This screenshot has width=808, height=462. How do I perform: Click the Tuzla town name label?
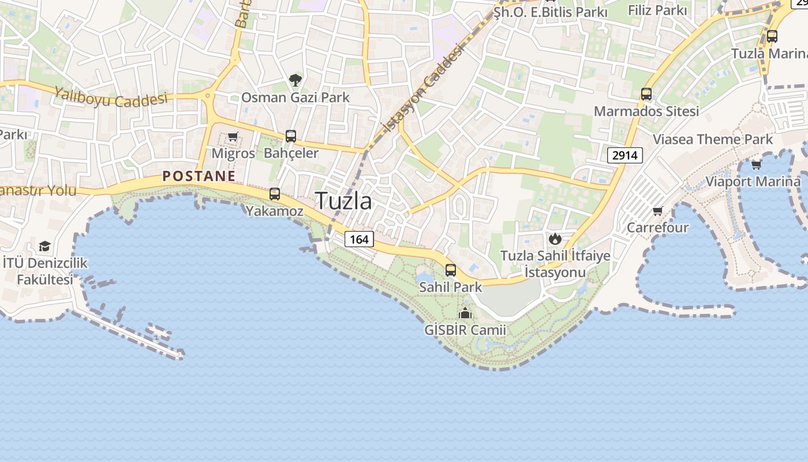tap(343, 201)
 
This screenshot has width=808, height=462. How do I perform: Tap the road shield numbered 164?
tap(359, 239)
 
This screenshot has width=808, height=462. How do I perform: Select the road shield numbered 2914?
tap(625, 155)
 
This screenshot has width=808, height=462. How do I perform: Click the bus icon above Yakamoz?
tap(275, 194)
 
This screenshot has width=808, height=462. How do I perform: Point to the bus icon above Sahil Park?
tap(451, 270)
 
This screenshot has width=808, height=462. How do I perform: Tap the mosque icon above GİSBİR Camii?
tap(465, 314)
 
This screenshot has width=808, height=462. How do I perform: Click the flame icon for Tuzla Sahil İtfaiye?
tap(555, 239)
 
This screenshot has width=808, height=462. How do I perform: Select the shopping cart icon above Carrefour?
tap(657, 211)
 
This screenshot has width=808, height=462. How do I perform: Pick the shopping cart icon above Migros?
tap(233, 137)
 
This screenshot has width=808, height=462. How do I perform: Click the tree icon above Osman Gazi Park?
tap(295, 80)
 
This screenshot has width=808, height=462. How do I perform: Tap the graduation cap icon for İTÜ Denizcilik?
tap(44, 247)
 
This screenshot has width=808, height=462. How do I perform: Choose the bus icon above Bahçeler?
tap(291, 136)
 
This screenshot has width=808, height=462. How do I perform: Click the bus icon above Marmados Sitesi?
tap(646, 94)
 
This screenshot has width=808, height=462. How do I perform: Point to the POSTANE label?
tap(199, 176)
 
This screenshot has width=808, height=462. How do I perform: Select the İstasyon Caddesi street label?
tap(424, 88)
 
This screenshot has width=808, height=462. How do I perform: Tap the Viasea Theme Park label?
tap(712, 139)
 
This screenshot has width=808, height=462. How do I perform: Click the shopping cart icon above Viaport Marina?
tap(757, 165)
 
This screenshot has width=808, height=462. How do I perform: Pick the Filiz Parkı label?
tap(657, 10)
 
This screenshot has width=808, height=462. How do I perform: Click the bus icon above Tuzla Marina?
tap(772, 36)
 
